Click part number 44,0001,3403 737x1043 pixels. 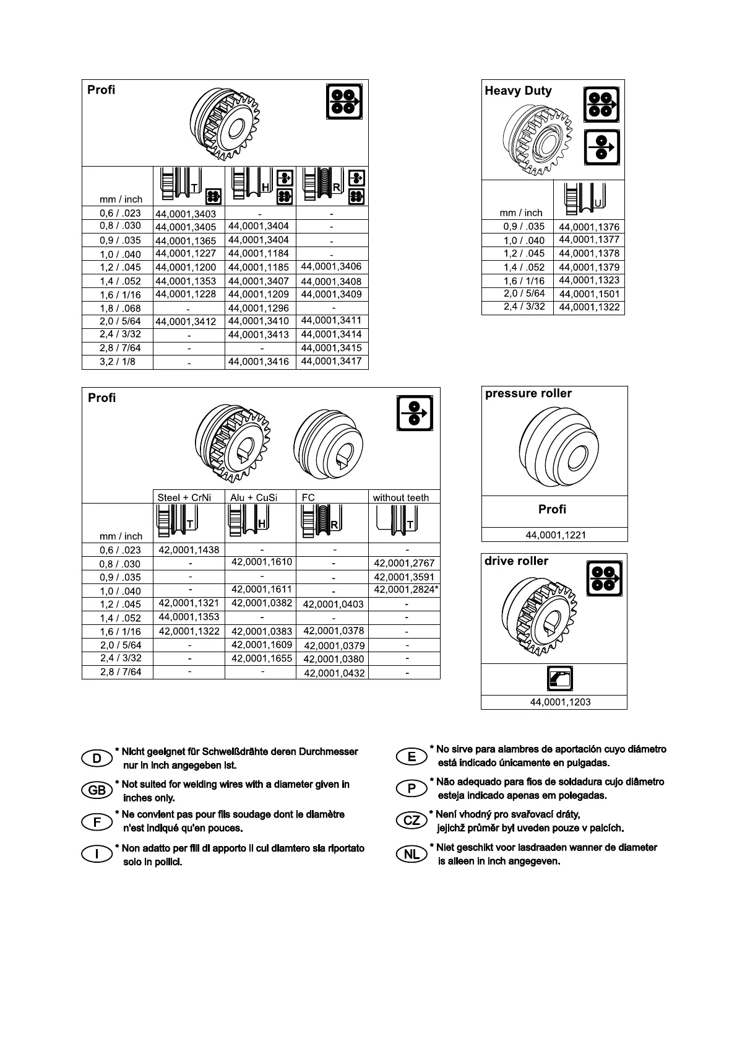(186, 214)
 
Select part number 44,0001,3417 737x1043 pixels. (331, 361)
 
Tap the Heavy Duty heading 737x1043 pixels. (518, 91)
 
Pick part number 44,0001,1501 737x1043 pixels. (589, 294)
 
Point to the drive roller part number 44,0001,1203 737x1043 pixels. (560, 702)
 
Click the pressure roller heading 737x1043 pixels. (528, 394)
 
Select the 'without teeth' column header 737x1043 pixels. (400, 497)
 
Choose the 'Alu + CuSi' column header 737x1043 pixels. (254, 497)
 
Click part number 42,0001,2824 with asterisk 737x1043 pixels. (406, 590)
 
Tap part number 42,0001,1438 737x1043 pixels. (189, 550)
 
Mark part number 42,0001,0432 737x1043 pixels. (334, 673)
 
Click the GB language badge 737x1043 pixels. (97, 790)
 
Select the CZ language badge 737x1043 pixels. (412, 821)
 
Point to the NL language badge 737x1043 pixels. (412, 855)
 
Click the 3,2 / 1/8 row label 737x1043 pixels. (118, 362)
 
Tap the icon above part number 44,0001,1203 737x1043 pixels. (561, 678)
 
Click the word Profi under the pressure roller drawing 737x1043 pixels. (552, 510)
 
